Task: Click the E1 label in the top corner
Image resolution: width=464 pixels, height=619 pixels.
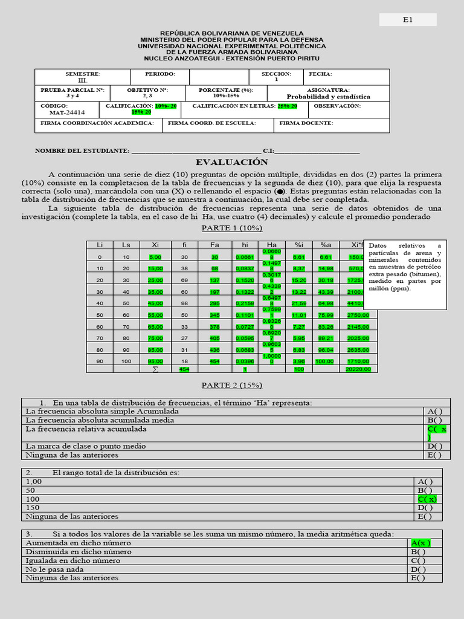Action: point(407,20)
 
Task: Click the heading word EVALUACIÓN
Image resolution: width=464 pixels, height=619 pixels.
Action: point(231,162)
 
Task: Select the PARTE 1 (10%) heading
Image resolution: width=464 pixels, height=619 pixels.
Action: point(231,228)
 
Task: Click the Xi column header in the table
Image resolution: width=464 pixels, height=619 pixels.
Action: point(155,244)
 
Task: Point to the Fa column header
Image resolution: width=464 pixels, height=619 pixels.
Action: point(214,244)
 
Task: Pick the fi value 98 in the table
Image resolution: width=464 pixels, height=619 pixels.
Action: point(184,303)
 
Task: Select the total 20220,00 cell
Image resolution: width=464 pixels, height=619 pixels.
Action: point(357,369)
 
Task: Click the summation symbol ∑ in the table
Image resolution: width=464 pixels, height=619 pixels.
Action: point(155,369)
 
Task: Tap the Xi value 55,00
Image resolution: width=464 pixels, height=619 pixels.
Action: point(155,315)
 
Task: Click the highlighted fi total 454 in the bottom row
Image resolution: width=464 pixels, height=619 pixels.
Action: point(184,369)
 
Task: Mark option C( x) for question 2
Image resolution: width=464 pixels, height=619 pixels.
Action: point(427,499)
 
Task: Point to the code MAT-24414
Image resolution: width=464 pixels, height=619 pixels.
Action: point(67,112)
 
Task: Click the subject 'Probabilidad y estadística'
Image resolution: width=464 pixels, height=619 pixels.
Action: point(328,96)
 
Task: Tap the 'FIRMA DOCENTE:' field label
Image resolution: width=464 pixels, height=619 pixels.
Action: point(306,123)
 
